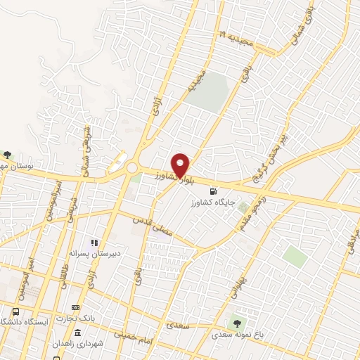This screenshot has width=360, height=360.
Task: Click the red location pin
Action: pyautogui.click(x=181, y=165)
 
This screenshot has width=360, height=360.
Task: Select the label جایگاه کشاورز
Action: pyautogui.click(x=212, y=202)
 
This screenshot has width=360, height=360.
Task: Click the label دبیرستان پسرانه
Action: pyautogui.click(x=92, y=252)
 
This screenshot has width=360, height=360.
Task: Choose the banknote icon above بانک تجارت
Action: pyautogui.click(x=76, y=307)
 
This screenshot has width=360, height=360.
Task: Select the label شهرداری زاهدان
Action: pyautogui.click(x=77, y=344)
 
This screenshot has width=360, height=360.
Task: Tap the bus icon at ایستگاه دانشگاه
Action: pyautogui.click(x=15, y=311)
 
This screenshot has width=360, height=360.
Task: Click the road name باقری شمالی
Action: pyautogui.click(x=295, y=20)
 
